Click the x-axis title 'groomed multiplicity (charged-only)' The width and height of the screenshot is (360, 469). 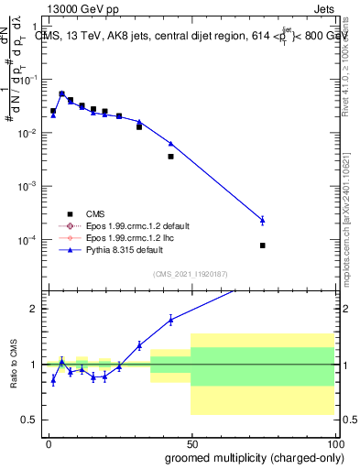coord(242,458)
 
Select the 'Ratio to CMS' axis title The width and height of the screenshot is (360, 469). coord(13,364)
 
